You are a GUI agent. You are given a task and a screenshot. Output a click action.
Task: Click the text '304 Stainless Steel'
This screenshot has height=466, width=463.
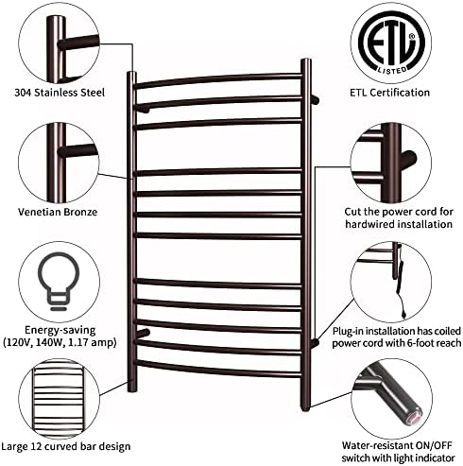60,93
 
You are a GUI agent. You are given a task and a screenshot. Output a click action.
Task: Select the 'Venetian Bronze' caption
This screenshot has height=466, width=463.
58,212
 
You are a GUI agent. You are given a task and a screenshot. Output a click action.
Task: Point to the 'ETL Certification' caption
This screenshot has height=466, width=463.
390,93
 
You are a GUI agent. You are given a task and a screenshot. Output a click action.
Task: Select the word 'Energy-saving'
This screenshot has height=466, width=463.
60,330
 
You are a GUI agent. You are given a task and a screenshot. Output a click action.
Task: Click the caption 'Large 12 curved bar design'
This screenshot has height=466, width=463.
66,446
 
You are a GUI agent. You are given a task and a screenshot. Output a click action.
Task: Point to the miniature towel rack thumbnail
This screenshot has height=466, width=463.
60,399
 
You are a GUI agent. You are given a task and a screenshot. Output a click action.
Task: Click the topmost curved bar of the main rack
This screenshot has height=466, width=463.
219,78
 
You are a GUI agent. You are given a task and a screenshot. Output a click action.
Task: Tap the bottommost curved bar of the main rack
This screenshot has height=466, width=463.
219,371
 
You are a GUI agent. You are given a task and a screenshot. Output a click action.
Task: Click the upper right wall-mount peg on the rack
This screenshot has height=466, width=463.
316,100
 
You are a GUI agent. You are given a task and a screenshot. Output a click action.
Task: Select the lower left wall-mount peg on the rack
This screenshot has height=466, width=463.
144,333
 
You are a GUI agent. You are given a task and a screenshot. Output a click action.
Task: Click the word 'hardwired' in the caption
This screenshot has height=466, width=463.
369,224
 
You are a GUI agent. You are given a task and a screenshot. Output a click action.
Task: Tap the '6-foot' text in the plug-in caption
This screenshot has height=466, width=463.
419,343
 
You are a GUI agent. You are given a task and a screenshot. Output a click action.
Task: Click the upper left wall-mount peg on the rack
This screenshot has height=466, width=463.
143,110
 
